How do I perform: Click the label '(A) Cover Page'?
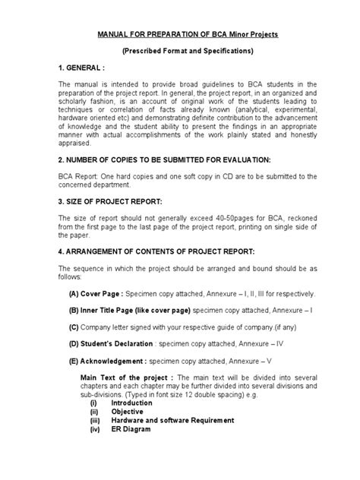[96, 292]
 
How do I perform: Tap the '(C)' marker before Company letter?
[74, 327]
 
